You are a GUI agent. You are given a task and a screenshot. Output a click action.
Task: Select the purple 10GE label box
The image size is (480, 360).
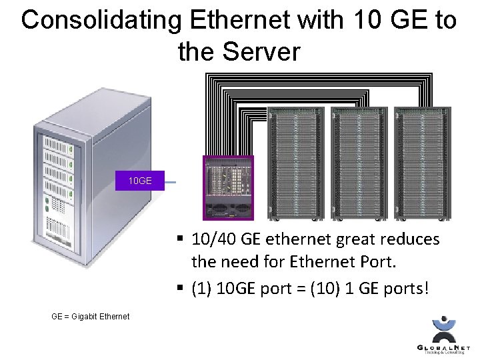coord(139,181)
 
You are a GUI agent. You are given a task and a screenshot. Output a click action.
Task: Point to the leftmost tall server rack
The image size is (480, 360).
coord(295,163)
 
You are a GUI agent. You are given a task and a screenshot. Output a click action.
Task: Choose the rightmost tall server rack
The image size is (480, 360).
coord(422,163)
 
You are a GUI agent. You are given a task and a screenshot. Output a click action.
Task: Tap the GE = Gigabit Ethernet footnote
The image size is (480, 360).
coord(90,316)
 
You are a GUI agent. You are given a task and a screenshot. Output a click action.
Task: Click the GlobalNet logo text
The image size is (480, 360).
coord(443,347)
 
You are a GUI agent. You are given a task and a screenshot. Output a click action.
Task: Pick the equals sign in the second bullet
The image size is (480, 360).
coord(307,290)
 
